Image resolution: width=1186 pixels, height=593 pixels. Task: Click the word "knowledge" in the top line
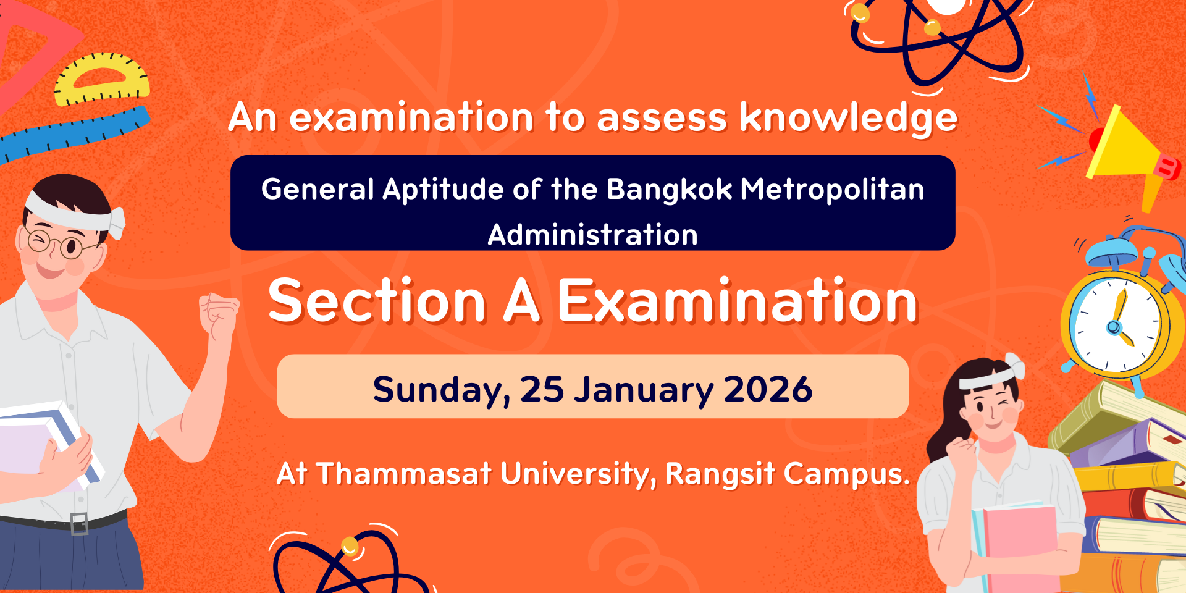coord(848,118)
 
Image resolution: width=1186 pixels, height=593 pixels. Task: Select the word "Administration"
coord(593,235)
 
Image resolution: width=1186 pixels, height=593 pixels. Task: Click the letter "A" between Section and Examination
coord(522,301)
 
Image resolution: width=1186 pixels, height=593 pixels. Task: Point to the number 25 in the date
coord(542,390)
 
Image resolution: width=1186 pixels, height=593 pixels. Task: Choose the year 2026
coord(768,390)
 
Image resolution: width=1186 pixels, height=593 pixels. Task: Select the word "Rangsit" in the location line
coord(720,474)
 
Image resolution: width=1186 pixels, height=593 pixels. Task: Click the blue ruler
coord(74,133)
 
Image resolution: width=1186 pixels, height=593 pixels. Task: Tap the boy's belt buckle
coord(79,524)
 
